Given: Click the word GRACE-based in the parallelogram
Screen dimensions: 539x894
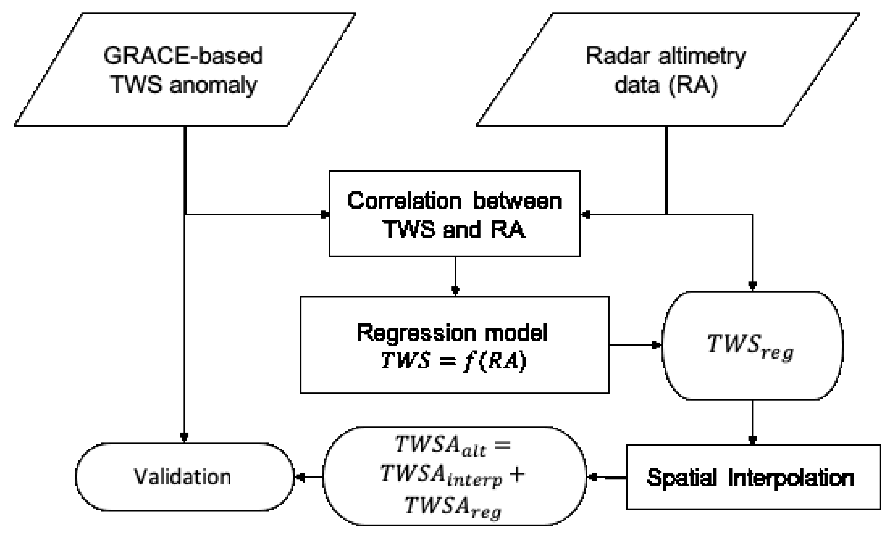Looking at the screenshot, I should pyautogui.click(x=183, y=56).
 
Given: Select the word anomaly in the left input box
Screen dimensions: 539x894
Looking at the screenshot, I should pyautogui.click(x=213, y=85).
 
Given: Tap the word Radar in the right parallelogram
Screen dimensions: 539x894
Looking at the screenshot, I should pyautogui.click(x=609, y=56).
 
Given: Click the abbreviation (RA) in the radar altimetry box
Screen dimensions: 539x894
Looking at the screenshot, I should pyautogui.click(x=693, y=85).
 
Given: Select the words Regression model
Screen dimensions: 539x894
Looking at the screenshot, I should pyautogui.click(x=452, y=332).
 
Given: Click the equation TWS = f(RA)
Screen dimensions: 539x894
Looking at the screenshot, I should pyautogui.click(x=453, y=361).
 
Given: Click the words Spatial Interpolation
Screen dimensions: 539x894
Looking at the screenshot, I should pyautogui.click(x=750, y=478).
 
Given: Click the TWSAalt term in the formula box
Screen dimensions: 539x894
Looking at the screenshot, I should pyautogui.click(x=441, y=445).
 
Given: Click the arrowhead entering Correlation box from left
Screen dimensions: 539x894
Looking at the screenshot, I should pyautogui.click(x=325, y=215).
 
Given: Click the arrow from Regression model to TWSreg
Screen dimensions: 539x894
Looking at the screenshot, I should pyautogui.click(x=635, y=345).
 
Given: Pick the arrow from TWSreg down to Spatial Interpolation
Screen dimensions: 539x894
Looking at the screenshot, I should pyautogui.click(x=752, y=422).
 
